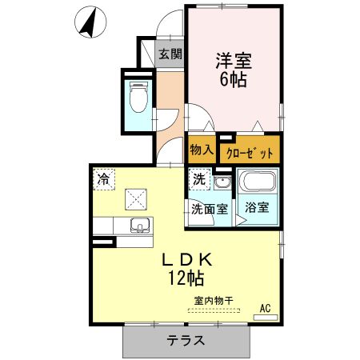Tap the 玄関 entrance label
pos(169,54)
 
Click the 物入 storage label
pos(202,149)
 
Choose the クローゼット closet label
pos(250,151)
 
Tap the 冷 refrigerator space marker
pos(103,179)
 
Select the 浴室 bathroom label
pos(257,206)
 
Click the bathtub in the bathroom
pos(257,183)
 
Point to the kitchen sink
pos(139,225)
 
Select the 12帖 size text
pos(185,278)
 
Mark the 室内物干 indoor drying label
pos(212,301)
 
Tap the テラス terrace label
pos(186,340)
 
